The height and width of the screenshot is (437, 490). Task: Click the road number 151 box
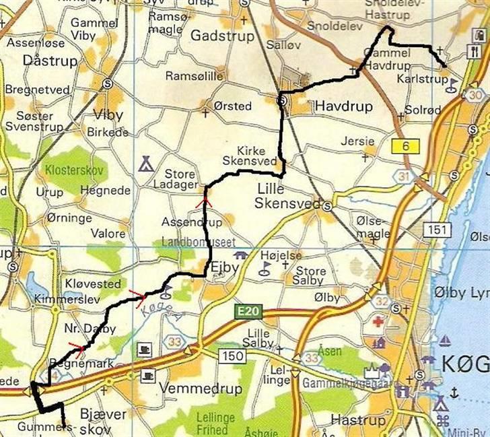[436, 230]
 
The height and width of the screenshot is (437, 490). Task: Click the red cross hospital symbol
[378, 323]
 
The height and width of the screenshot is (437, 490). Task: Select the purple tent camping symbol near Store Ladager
[145, 163]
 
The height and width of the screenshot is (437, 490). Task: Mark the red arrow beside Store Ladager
[204, 199]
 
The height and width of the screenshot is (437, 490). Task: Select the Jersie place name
[357, 141]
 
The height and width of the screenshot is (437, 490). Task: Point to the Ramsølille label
[194, 75]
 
